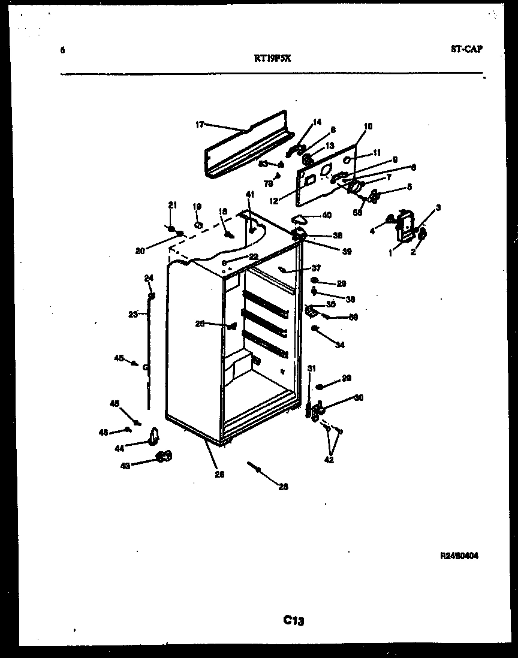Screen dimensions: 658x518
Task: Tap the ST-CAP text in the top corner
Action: (x=466, y=49)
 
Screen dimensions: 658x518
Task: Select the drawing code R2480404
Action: (x=459, y=556)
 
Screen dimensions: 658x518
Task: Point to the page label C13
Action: (x=294, y=621)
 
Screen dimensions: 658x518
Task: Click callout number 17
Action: (x=200, y=125)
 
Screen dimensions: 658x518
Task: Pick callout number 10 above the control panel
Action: (x=368, y=126)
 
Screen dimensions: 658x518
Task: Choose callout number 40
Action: (x=326, y=215)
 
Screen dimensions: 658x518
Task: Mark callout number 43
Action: (x=125, y=464)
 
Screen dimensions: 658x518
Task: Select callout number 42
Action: (x=328, y=460)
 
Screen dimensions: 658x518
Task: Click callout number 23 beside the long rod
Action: (x=133, y=313)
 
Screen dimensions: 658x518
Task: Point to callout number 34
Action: (x=340, y=345)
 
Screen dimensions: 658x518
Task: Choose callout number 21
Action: (x=173, y=206)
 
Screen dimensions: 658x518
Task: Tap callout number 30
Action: (x=359, y=397)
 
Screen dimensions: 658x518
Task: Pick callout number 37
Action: (x=316, y=268)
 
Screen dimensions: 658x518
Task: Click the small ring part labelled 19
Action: (x=197, y=226)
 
